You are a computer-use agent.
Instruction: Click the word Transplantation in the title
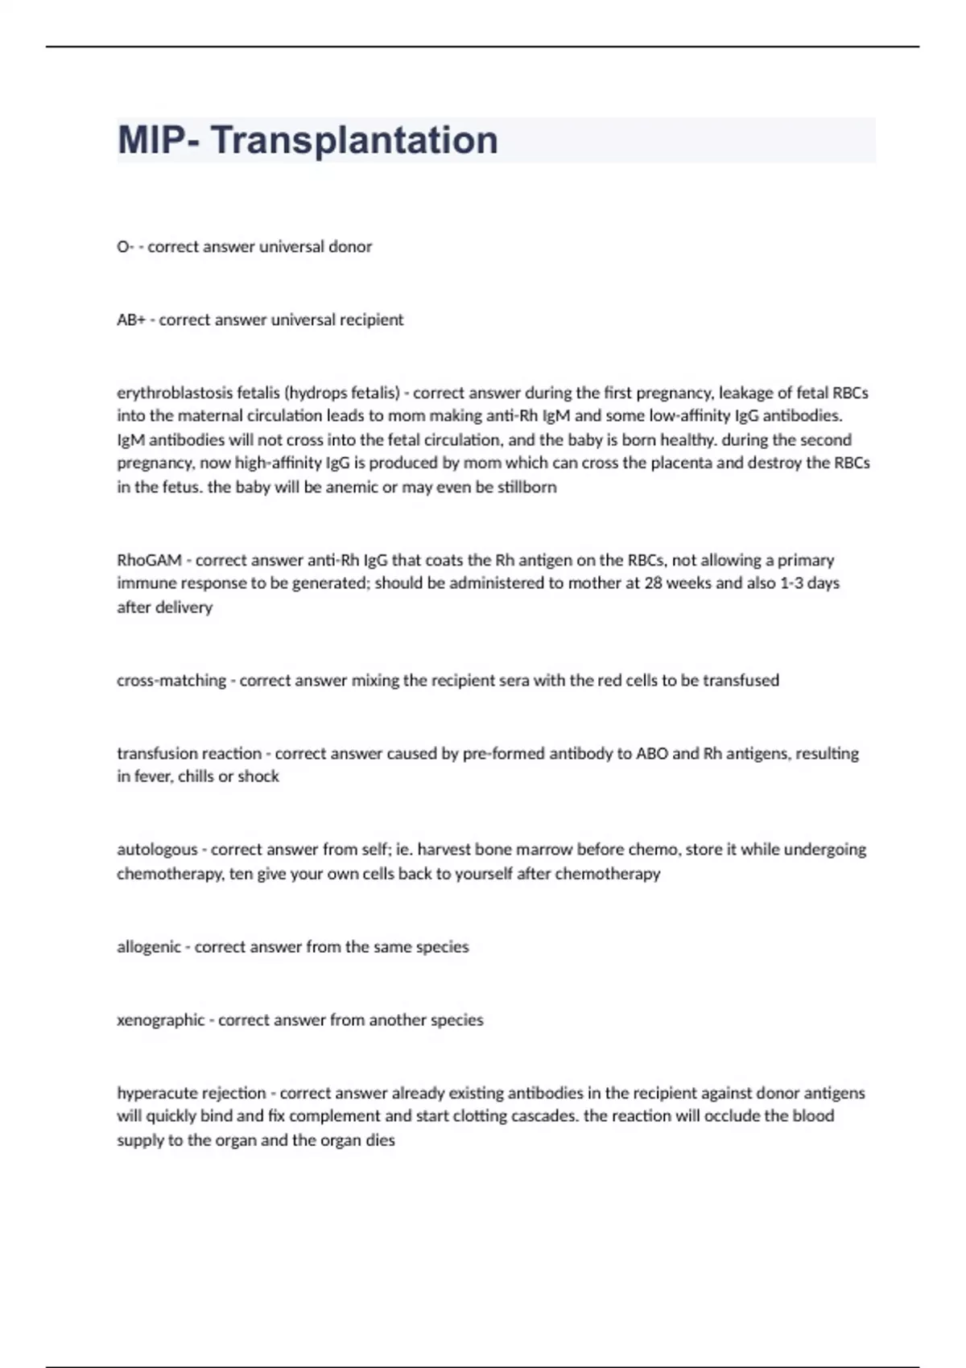pos(354,140)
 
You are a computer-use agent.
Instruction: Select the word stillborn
pos(527,487)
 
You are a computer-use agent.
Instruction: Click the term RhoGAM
pos(150,560)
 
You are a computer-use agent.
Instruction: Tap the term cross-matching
pos(171,680)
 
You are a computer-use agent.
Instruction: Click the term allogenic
pos(149,947)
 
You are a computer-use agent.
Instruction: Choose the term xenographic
pos(161,1020)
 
